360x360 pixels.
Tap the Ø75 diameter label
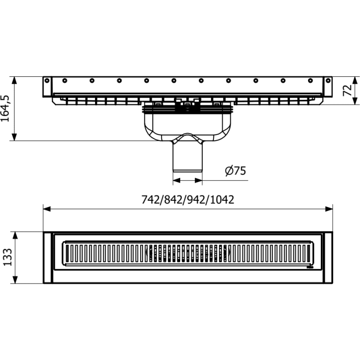tap(235, 171)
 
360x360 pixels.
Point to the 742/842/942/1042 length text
tap(188, 199)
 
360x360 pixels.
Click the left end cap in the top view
tap(48, 258)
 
